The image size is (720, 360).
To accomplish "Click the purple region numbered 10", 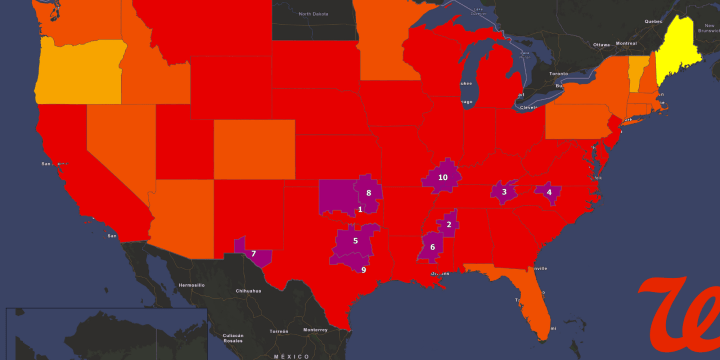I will tap(443, 177).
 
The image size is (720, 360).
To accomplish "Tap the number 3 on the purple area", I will tap(504, 191).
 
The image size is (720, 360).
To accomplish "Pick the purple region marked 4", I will tap(549, 191).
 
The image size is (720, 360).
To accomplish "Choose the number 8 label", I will tap(369, 193).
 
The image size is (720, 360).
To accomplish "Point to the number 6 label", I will tap(433, 246).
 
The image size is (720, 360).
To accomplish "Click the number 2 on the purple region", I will tap(449, 224).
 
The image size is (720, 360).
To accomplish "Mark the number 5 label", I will tap(355, 241).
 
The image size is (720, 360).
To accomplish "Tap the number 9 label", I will tap(363, 269).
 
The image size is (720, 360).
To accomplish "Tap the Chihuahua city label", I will tap(250, 290).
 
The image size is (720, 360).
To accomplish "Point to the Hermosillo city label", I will tap(191, 285).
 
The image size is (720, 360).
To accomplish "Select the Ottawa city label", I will tap(601, 45).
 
